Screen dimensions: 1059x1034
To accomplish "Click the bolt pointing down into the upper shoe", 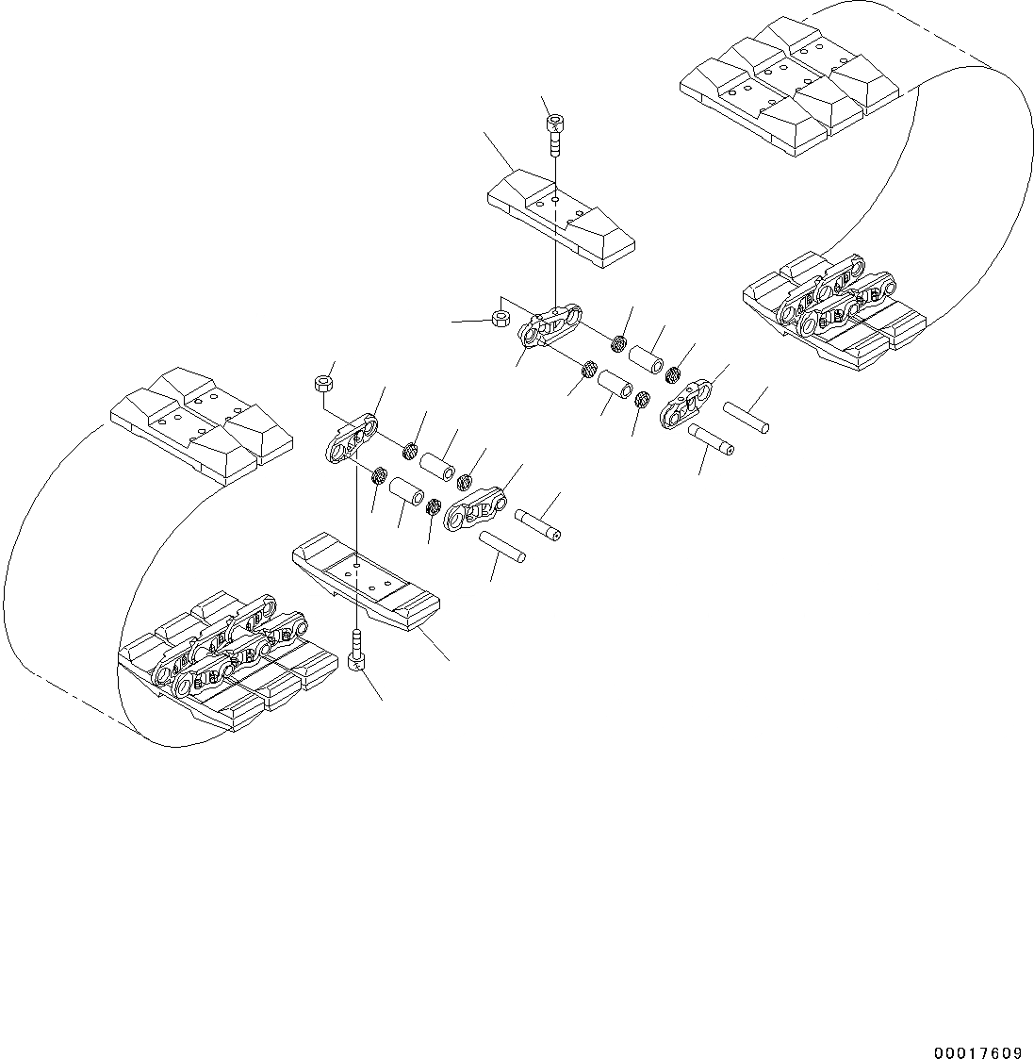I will click(x=555, y=135).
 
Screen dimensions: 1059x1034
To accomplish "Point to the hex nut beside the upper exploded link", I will click(x=502, y=314).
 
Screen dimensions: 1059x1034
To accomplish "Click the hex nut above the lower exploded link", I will click(x=322, y=383).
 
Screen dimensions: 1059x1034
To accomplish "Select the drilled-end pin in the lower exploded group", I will click(x=539, y=524).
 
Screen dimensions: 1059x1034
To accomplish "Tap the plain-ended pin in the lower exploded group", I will click(x=501, y=547).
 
